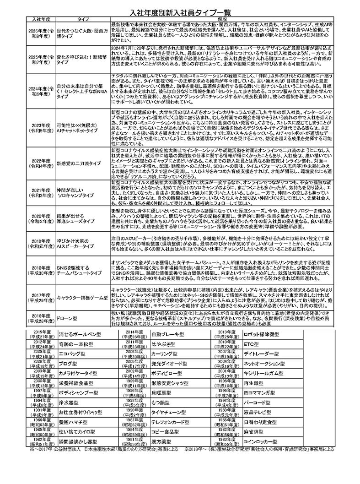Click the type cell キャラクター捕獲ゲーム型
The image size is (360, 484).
click(81, 297)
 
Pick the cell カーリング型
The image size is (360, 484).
click(165, 354)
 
